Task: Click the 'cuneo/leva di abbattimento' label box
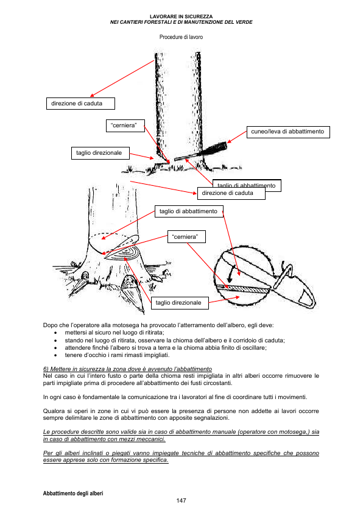click(288, 132)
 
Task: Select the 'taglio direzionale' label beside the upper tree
click(100, 153)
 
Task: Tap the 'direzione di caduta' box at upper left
click(80, 104)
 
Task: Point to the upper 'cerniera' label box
click(125, 126)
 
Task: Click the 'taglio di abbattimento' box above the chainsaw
click(189, 211)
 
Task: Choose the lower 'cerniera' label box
click(186, 237)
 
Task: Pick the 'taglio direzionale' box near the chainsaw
click(180, 303)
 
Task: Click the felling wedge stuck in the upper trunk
click(201, 152)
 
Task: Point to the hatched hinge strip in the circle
click(242, 289)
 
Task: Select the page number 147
click(181, 501)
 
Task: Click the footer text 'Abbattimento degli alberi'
click(73, 494)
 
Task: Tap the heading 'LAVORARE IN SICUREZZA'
click(181, 16)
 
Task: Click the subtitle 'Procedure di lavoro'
click(181, 37)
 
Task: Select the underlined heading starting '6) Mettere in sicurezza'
click(127, 369)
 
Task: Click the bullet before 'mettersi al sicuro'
click(55, 333)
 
